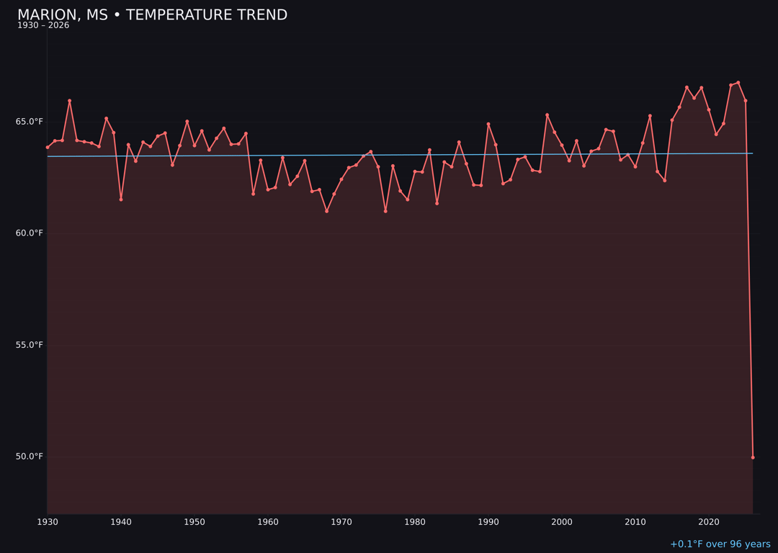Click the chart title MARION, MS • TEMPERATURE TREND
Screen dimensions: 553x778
pos(152,15)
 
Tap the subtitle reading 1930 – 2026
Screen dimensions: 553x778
pos(43,26)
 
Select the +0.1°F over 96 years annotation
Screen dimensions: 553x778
pos(720,544)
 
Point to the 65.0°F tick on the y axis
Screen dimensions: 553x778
pos(30,122)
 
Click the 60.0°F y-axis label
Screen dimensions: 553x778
pos(30,233)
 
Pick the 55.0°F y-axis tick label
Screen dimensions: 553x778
pos(30,345)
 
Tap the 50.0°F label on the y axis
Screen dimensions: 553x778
pos(30,457)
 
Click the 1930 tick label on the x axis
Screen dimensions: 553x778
pos(48,522)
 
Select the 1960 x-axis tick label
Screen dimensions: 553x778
pos(268,522)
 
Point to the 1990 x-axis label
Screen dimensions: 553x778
pos(488,522)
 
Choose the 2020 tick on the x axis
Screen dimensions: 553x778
pos(709,522)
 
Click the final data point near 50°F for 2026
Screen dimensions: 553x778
pos(753,457)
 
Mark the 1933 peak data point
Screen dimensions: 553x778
pos(70,101)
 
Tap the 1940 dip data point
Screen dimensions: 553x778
pos(121,199)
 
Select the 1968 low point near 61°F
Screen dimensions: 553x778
pos(326,211)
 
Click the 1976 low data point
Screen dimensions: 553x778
pos(385,211)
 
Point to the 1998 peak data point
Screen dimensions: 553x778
pos(547,114)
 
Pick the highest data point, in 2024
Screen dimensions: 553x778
pos(738,83)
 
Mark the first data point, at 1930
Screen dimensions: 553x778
pos(48,147)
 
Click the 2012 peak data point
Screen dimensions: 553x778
pos(650,116)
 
